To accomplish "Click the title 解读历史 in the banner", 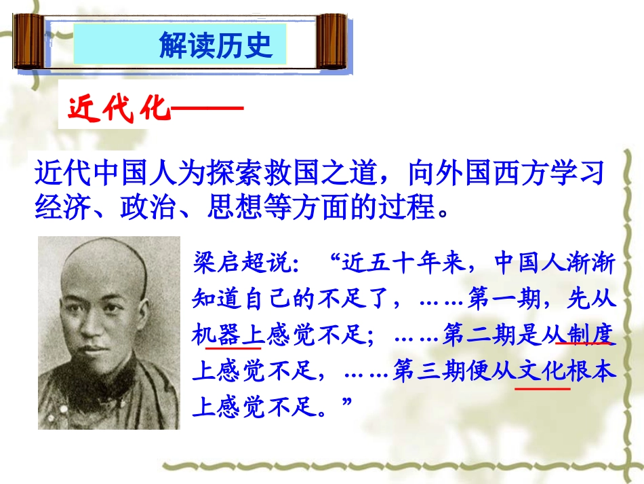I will [216, 45].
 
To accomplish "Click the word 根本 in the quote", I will [594, 371].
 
